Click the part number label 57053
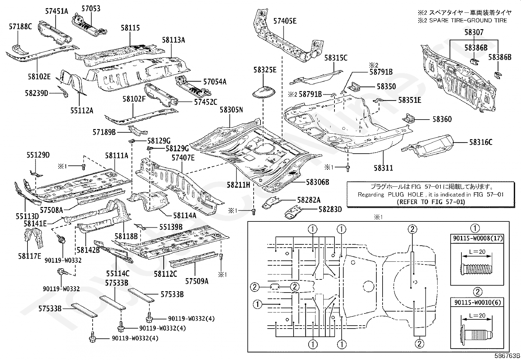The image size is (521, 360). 91,9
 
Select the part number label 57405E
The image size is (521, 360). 285,21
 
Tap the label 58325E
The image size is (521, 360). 265,70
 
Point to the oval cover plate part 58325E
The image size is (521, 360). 264,92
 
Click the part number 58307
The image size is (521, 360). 474,32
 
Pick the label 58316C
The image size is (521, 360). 481,142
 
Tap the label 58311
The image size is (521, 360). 383,168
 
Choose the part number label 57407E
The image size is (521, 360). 183,158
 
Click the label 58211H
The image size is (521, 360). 238,185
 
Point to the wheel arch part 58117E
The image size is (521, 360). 33,238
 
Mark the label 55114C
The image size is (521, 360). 118,274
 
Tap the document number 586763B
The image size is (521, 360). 507,356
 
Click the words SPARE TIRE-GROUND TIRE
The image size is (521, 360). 468,21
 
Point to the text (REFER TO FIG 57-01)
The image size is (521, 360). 431,202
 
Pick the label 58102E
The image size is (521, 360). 39,77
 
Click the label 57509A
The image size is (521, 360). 197,281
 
